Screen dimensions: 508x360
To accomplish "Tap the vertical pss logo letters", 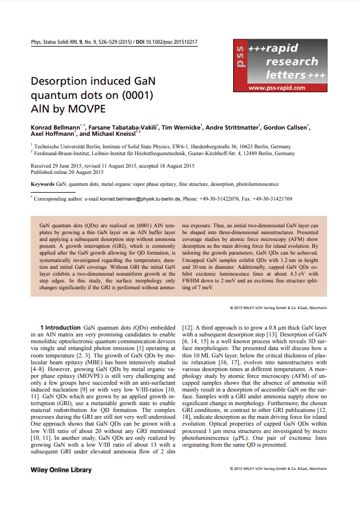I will [241, 60].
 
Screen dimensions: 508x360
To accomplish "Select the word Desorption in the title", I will [62, 81].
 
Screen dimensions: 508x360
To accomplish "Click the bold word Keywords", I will [42, 184].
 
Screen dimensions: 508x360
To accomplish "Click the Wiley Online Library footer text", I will [61, 470].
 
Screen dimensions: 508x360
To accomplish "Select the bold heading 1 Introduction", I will [60, 328].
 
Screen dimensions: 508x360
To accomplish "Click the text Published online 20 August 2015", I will [67, 172].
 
